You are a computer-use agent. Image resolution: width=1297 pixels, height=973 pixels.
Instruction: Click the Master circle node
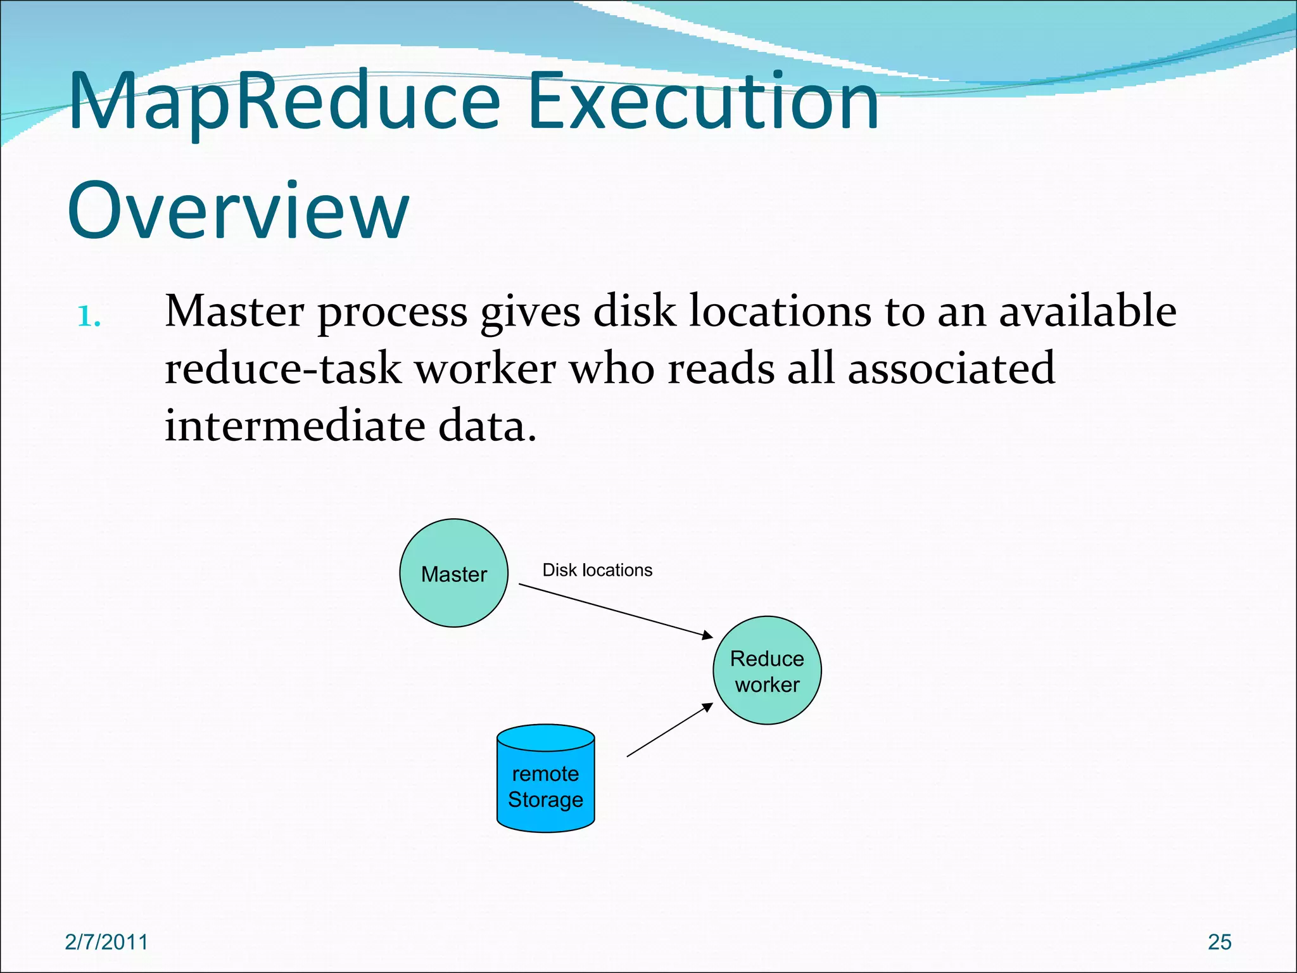point(453,573)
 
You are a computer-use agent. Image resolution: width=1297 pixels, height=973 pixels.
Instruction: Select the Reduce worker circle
point(767,671)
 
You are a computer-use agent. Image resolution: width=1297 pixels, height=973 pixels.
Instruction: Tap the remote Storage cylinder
point(545,779)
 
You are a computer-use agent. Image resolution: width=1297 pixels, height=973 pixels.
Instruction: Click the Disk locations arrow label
point(597,570)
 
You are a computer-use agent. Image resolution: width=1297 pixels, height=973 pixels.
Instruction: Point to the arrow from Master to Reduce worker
point(616,609)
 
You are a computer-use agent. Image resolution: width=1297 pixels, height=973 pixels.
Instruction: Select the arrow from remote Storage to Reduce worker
point(669,730)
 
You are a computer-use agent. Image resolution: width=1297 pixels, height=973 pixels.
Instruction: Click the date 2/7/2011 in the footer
point(106,942)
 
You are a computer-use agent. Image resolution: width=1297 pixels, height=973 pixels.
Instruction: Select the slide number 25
point(1219,942)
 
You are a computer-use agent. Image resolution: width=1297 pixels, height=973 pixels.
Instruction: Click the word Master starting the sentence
point(234,312)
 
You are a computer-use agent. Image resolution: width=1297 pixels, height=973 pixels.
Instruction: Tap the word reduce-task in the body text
point(282,369)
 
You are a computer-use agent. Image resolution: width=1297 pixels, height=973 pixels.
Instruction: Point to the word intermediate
point(294,426)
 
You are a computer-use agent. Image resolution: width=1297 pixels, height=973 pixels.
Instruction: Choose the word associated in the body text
point(951,369)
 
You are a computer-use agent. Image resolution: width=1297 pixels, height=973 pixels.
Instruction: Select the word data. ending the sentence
point(487,426)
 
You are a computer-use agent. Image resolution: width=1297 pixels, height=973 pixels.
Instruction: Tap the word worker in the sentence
point(485,369)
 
